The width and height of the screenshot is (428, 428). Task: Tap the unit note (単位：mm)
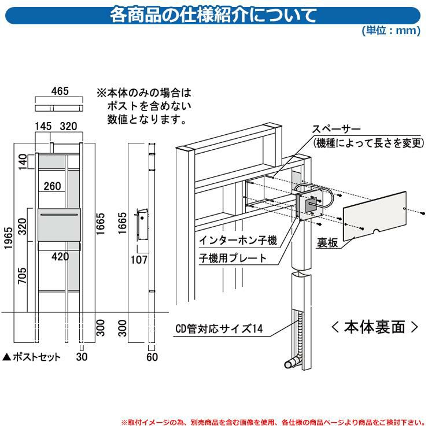(390, 31)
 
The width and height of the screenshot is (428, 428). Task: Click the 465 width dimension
(60, 91)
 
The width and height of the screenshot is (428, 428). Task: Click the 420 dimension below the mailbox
(59, 256)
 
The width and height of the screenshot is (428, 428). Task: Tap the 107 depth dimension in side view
(139, 260)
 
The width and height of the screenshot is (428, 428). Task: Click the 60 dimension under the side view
(152, 357)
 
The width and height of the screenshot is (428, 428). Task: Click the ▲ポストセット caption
(32, 357)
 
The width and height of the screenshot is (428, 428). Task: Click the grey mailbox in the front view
(58, 226)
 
